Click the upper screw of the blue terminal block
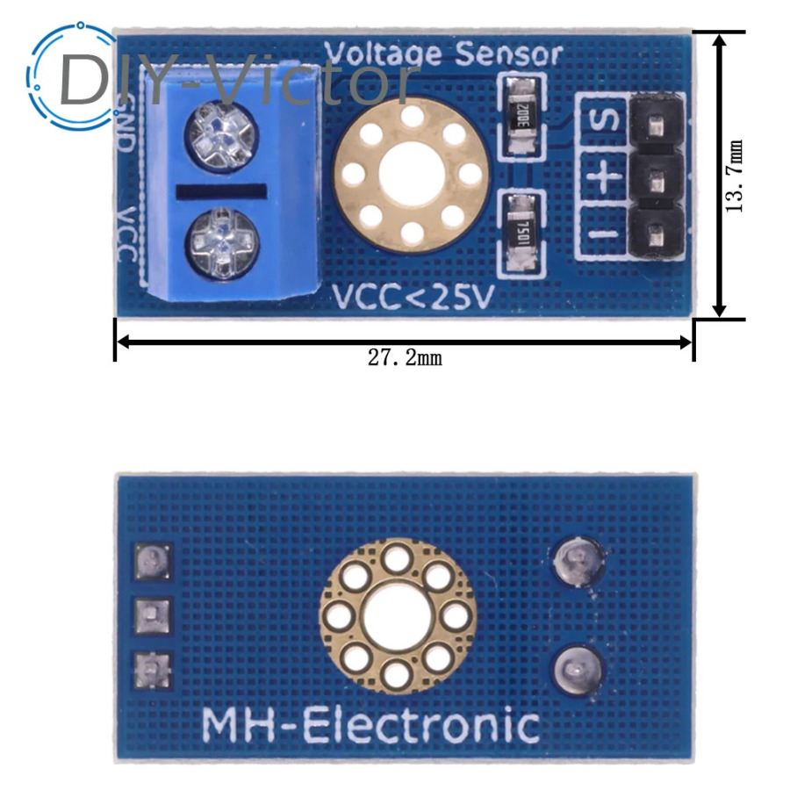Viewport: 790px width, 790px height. tap(222, 137)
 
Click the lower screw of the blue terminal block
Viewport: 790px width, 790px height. tap(222, 244)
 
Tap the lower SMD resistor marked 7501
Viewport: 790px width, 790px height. tap(521, 233)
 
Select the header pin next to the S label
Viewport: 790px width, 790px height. tap(657, 126)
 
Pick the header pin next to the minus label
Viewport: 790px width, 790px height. tap(657, 234)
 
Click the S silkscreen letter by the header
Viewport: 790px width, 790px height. tap(604, 121)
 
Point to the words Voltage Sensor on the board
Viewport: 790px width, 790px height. tap(443, 54)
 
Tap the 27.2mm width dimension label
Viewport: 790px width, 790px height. tap(405, 358)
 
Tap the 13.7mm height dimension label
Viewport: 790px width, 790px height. tap(734, 176)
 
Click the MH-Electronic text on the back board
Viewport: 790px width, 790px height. tap(370, 726)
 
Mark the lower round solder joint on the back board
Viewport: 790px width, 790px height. tap(578, 672)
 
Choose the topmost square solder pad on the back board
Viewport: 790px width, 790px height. tap(152, 561)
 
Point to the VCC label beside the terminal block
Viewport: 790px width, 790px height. tap(126, 233)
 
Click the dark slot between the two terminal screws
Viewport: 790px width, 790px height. tap(221, 191)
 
